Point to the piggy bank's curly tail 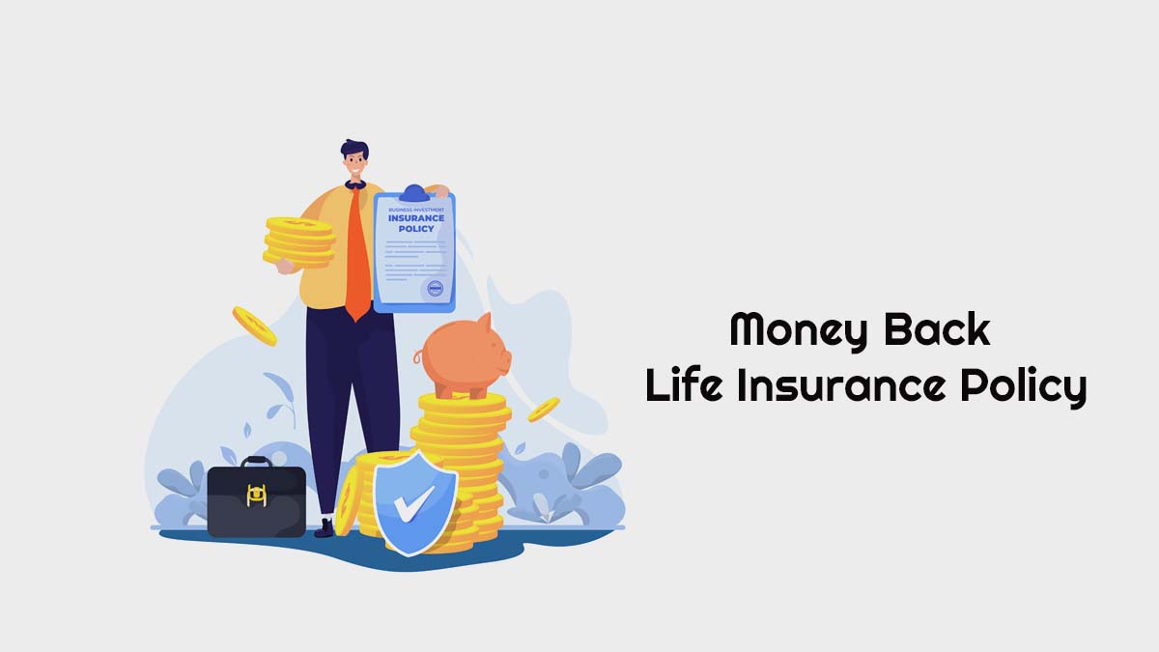pyautogui.click(x=419, y=356)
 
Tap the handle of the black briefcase pyautogui.click(x=256, y=463)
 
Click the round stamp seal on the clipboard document pyautogui.click(x=434, y=288)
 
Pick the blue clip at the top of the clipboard pyautogui.click(x=413, y=193)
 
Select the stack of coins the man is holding pyautogui.click(x=299, y=241)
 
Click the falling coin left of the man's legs pyautogui.click(x=254, y=326)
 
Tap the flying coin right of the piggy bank pyautogui.click(x=543, y=410)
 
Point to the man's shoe pyautogui.click(x=325, y=527)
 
